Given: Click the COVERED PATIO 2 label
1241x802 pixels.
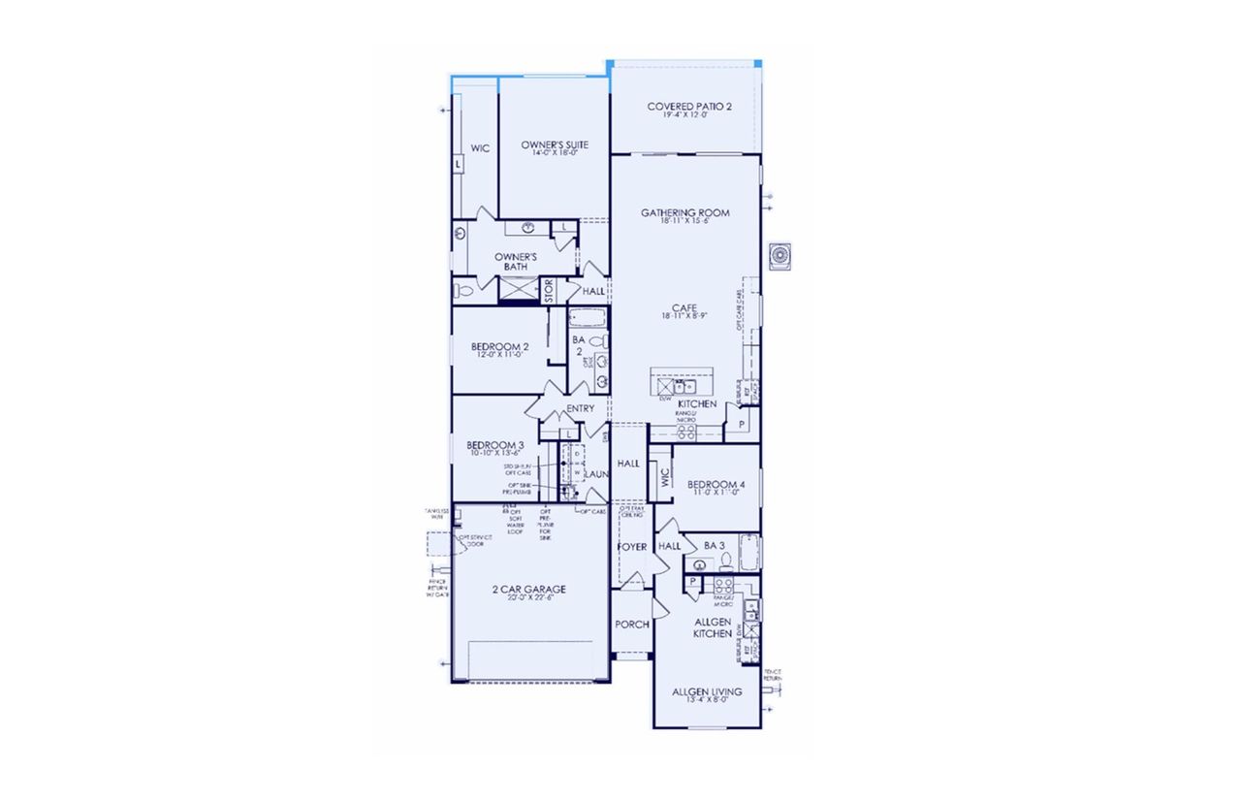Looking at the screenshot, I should coord(689,106).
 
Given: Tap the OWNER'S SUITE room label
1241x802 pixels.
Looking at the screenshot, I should coord(555,146).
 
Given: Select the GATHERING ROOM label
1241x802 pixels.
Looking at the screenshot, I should coord(684,213).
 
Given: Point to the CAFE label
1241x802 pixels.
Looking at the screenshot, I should coord(684,308).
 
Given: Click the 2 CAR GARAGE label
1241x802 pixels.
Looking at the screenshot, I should coord(528,589).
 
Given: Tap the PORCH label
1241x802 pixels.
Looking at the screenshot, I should coord(632,625).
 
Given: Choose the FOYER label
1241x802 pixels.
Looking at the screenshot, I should coord(632,547).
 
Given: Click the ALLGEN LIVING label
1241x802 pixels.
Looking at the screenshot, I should coord(707,692).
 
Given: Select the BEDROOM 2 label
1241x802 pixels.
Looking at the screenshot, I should coord(499,347).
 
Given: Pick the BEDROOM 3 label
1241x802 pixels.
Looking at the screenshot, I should coord(495,445).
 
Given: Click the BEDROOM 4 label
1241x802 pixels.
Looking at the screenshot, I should coord(716,485).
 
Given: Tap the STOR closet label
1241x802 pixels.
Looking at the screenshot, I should coord(549,291).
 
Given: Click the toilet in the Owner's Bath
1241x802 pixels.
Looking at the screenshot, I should coord(462,290).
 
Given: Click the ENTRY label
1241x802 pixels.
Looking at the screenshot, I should coord(580,408).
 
